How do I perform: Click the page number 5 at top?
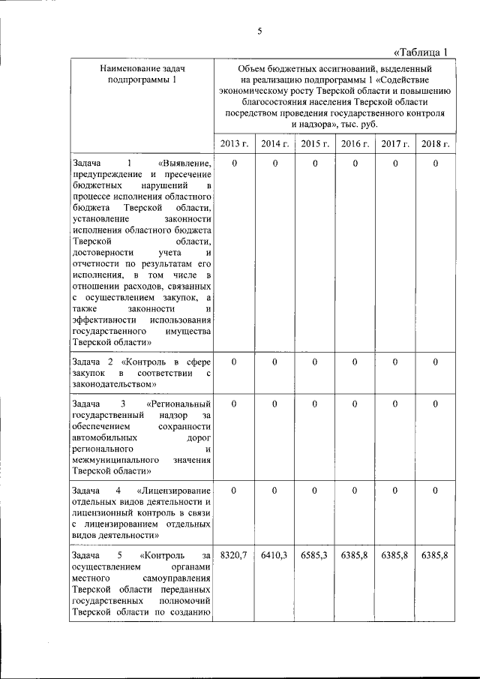pyautogui.click(x=259, y=31)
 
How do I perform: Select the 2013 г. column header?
pyautogui.click(x=233, y=144)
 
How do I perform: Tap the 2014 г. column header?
pyautogui.click(x=274, y=144)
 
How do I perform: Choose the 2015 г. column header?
pyautogui.click(x=314, y=144)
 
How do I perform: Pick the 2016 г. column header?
pyautogui.click(x=355, y=144)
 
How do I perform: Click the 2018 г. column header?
pyautogui.click(x=435, y=144)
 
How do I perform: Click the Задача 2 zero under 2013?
pyautogui.click(x=233, y=362)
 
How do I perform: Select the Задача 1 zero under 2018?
pyautogui.click(x=435, y=163)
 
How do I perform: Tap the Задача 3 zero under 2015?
pyautogui.click(x=314, y=404)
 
